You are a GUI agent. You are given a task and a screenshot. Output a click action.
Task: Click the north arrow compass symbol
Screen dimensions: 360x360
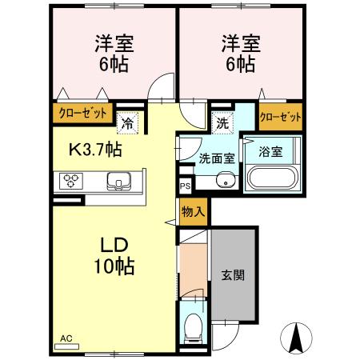(296, 338)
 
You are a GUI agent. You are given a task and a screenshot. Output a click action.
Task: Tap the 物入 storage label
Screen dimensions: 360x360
(193, 212)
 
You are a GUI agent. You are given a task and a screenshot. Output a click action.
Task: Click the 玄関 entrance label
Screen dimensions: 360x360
(233, 274)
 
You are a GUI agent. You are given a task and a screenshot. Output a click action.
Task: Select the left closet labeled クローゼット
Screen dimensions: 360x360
(82, 114)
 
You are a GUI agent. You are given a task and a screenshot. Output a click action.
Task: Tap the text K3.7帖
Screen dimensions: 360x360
(94, 148)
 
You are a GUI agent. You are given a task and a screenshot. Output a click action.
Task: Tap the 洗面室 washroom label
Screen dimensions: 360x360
(217, 158)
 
